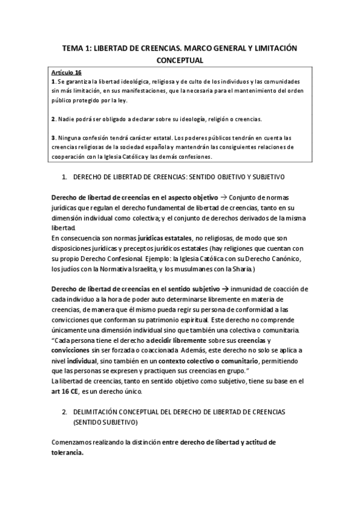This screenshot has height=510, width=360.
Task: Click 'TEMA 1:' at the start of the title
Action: pyautogui.click(x=78, y=48)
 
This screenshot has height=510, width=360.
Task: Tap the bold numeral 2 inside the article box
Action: pyautogui.click(x=53, y=118)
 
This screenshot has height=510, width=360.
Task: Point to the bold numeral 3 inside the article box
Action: pyautogui.click(x=53, y=138)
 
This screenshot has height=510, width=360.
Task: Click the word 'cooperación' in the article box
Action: pyautogui.click(x=72, y=157)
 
